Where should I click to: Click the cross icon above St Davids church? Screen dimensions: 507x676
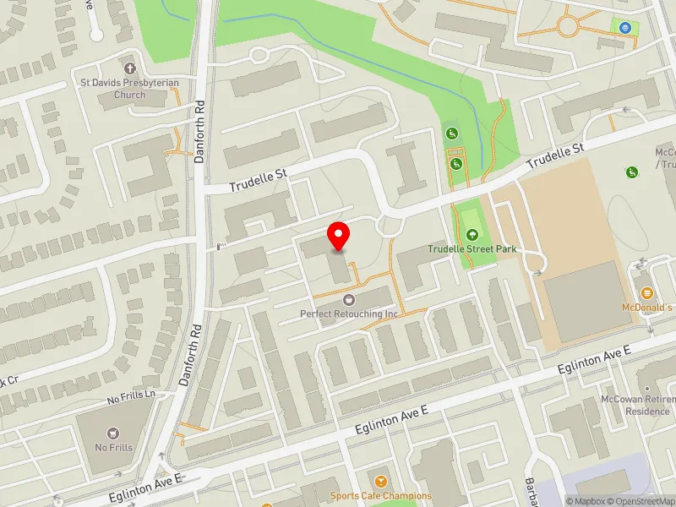[x=129, y=68]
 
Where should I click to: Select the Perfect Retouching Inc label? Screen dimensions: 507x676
[x=349, y=313]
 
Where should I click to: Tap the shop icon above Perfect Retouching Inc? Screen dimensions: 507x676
[x=348, y=299]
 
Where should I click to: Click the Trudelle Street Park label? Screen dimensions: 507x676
[x=472, y=249]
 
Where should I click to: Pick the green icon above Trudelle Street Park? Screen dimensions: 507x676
[x=472, y=234]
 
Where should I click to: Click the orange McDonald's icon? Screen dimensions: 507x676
[x=647, y=292]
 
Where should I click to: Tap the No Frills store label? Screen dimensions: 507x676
[x=114, y=447]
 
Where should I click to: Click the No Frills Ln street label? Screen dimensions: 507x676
[x=131, y=395]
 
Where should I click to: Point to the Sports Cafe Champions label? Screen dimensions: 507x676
[x=380, y=496]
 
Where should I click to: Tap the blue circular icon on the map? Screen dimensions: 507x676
[x=625, y=27]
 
